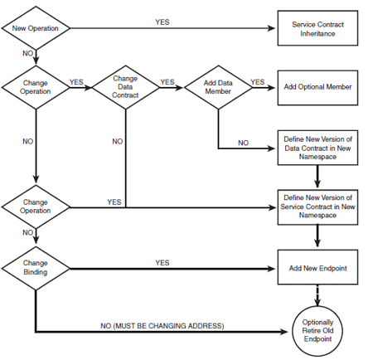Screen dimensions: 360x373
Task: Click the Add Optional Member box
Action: (317, 87)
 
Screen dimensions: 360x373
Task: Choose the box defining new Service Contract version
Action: (317, 206)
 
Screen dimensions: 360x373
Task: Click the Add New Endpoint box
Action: (317, 268)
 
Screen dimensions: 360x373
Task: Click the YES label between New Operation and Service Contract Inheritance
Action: (162, 22)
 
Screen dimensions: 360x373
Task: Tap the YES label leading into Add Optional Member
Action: (258, 82)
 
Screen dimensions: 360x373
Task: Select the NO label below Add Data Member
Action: (243, 143)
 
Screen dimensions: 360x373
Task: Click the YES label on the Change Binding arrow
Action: (162, 262)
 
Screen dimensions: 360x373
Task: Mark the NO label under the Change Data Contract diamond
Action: (118, 142)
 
